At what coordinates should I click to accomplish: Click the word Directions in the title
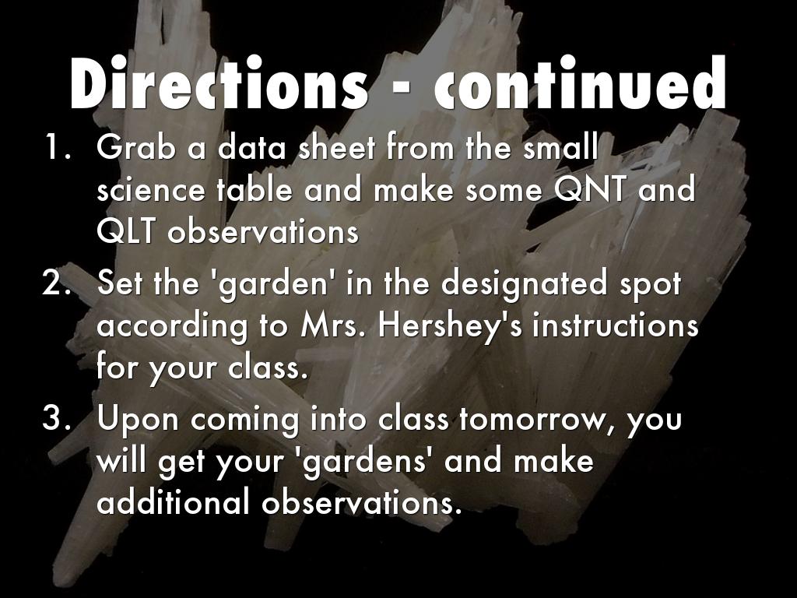click(x=219, y=83)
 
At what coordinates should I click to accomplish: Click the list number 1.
click(x=57, y=147)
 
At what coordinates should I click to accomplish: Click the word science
click(x=151, y=190)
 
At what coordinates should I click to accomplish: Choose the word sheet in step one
click(x=336, y=147)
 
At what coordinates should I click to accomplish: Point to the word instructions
click(x=616, y=325)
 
